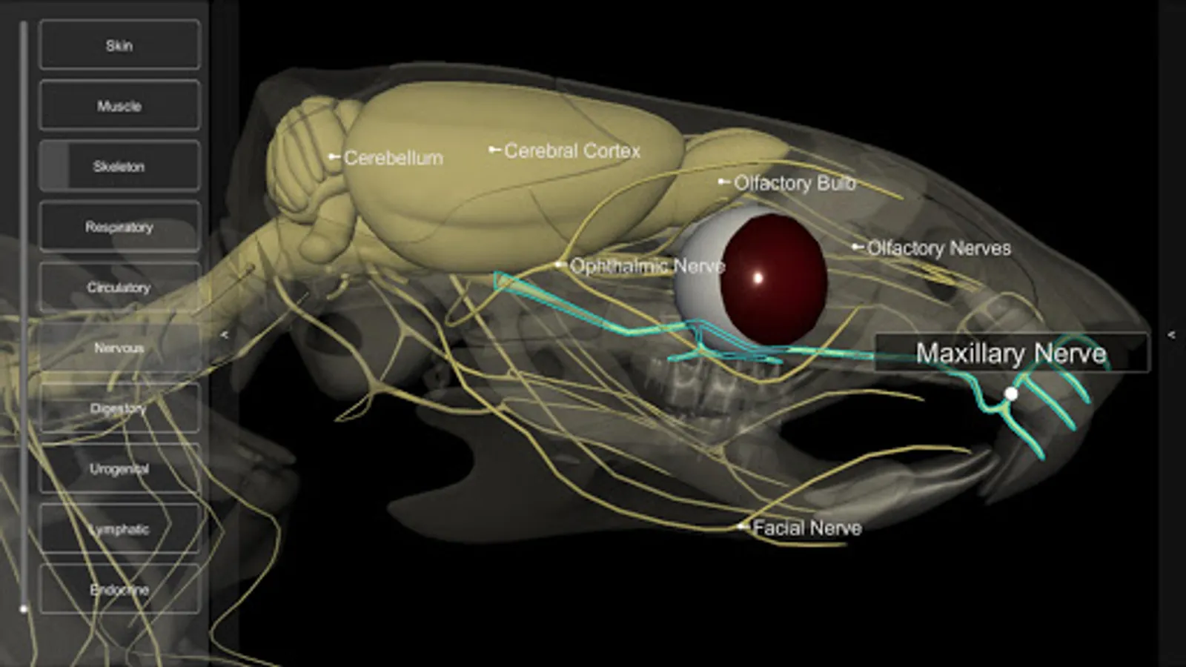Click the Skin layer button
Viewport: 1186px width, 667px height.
click(x=119, y=45)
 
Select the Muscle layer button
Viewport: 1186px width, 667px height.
click(x=119, y=106)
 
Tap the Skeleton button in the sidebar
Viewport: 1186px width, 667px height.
click(x=119, y=166)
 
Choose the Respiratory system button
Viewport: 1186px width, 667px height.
click(x=119, y=227)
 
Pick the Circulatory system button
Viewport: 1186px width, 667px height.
click(x=119, y=287)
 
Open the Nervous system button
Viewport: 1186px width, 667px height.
click(x=119, y=348)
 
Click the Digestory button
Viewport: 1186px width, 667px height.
click(x=119, y=408)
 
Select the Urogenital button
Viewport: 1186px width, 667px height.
click(x=119, y=468)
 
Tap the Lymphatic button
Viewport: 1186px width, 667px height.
click(x=119, y=529)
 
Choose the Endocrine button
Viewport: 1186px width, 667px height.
click(x=119, y=589)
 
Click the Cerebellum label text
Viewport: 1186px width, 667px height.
click(x=393, y=158)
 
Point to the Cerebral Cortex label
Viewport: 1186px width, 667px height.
click(x=572, y=150)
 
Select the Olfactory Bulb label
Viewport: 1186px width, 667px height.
click(x=794, y=183)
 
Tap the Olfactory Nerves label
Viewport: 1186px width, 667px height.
click(x=938, y=248)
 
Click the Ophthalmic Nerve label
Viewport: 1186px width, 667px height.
click(x=646, y=266)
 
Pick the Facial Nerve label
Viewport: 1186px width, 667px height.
click(x=806, y=528)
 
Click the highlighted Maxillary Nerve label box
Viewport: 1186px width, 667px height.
click(x=1011, y=353)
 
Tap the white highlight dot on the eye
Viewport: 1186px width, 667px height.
click(x=758, y=279)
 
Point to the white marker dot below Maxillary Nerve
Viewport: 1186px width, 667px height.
click(x=1010, y=394)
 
